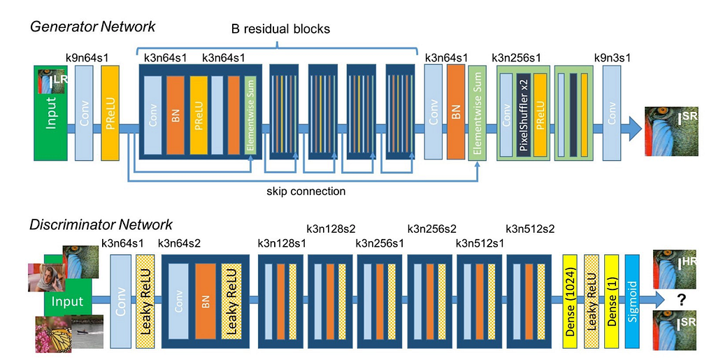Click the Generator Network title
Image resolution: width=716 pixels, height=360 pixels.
pos(92,27)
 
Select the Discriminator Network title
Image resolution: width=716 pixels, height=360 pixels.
pos(101,225)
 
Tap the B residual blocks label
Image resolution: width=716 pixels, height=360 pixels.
pos(280,30)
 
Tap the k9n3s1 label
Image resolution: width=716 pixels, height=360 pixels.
pos(613,58)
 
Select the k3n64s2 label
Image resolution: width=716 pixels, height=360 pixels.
pos(180,243)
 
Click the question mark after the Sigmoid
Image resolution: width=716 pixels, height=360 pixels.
pos(678,298)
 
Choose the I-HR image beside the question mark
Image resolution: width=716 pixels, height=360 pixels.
pos(675,268)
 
